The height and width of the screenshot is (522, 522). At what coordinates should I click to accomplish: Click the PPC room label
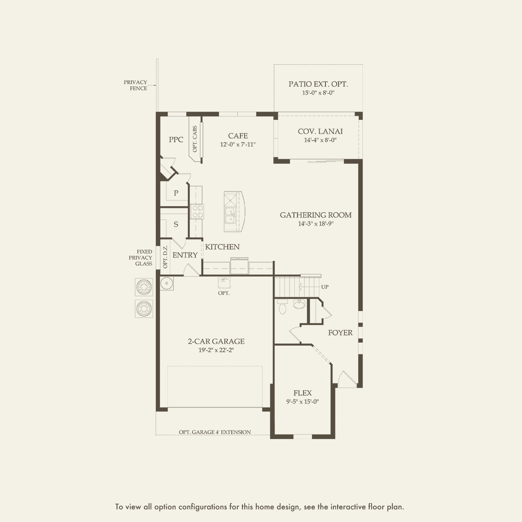176,139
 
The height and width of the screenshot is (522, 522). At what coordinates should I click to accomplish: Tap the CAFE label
238,136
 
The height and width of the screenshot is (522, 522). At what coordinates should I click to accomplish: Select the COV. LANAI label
320,131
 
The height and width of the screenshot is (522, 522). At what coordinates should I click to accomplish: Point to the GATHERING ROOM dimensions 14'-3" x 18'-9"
316,224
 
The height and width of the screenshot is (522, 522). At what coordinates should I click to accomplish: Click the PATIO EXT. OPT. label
318,84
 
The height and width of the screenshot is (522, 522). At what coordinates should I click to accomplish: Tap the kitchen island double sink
230,216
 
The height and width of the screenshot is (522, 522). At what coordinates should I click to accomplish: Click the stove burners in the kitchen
197,212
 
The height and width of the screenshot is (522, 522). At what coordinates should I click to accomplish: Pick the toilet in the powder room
282,306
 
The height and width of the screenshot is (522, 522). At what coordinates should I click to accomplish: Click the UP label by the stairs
325,287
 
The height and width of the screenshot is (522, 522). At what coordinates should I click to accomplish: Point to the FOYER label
341,333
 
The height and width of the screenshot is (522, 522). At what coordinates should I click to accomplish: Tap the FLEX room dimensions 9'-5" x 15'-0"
303,402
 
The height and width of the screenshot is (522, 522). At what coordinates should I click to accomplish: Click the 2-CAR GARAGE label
216,341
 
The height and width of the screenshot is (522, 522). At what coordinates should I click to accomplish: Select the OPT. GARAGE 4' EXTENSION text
215,432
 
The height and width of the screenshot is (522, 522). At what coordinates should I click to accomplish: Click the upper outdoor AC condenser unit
144,287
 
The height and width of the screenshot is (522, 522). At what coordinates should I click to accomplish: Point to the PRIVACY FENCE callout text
136,85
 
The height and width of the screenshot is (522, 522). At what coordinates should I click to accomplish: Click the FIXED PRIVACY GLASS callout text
141,258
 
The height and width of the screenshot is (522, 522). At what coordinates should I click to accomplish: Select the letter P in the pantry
176,193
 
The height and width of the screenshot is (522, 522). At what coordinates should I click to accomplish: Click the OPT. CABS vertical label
195,139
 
